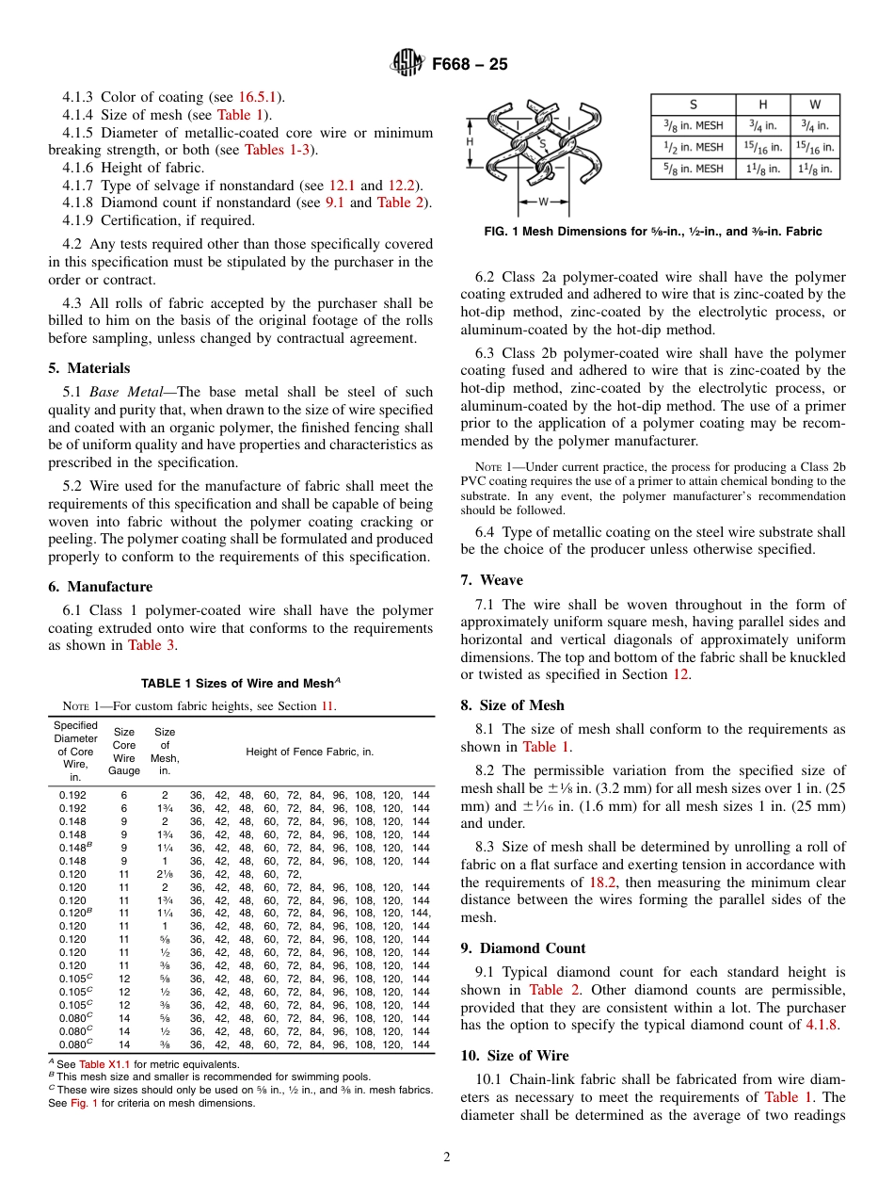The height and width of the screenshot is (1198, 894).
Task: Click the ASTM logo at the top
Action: coord(407,64)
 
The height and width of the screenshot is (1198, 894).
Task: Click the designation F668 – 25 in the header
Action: coord(470,64)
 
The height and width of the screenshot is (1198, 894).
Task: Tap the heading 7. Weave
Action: coord(491,580)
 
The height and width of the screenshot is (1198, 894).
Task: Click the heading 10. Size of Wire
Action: coord(514,1056)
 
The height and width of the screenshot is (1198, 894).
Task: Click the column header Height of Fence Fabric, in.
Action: coord(310,752)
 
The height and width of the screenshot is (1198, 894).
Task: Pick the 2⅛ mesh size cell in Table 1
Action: coord(165,874)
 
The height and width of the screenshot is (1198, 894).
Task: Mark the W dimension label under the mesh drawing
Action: coord(543,202)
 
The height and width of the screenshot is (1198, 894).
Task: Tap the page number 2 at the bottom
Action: coord(447,1158)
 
